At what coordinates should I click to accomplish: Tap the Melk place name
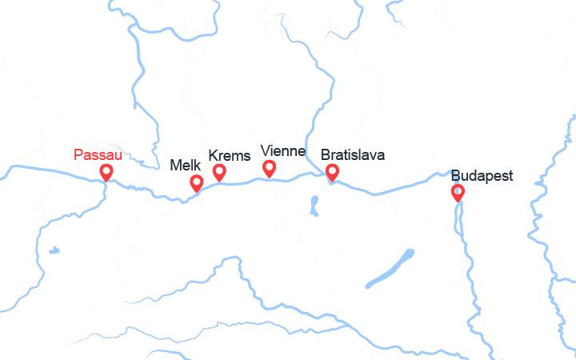[x=186, y=166]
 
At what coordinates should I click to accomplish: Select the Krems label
[x=229, y=155]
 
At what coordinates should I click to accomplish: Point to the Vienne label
[x=283, y=151]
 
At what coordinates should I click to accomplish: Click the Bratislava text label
[x=352, y=155]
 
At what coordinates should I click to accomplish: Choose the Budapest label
[x=482, y=176]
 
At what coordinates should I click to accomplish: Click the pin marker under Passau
[x=106, y=172]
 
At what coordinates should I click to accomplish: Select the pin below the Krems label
[x=219, y=171]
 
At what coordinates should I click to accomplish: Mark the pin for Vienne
[x=270, y=168]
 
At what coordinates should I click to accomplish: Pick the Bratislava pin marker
[x=332, y=171]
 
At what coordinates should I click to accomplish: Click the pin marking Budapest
[x=458, y=192]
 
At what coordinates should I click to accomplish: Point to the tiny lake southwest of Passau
[x=54, y=250]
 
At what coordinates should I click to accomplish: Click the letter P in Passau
[x=78, y=154]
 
